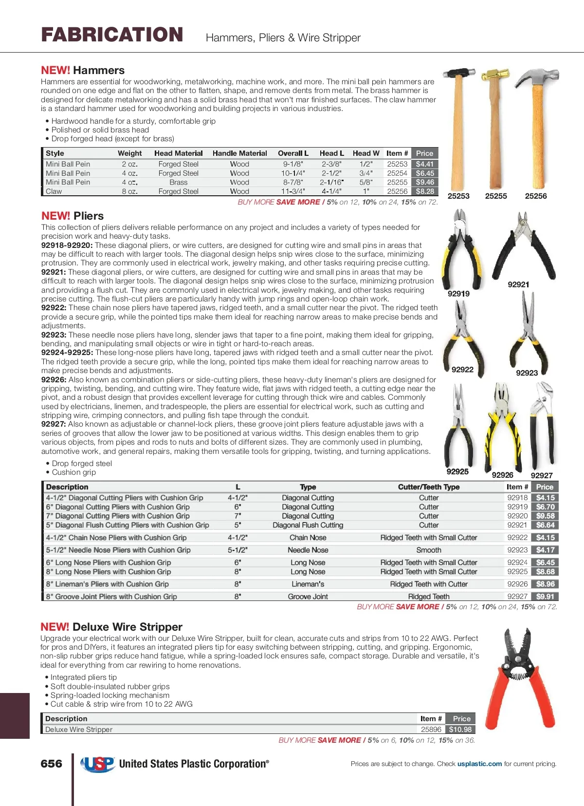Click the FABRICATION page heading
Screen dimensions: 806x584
coord(112,35)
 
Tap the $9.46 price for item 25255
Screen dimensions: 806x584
coord(424,182)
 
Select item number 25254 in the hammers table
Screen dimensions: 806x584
coord(397,173)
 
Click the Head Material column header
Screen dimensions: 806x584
coord(178,153)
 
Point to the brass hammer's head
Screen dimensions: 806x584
coord(495,75)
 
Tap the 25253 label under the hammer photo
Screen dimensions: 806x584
coord(458,196)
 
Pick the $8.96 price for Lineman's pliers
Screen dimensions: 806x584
coord(545,584)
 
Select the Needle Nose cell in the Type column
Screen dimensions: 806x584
coord(308,550)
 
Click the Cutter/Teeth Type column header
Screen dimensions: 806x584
coord(428,487)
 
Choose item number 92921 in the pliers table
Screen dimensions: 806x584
coord(517,525)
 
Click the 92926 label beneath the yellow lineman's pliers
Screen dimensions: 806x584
coord(502,475)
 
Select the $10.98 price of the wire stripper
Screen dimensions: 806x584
coord(460,730)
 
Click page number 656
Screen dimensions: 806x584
coord(52,764)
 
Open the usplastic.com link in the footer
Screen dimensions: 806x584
coord(479,764)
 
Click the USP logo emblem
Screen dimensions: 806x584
coord(98,764)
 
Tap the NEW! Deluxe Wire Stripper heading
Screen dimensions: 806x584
coord(111,627)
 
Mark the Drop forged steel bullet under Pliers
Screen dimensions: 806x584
coord(82,464)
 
